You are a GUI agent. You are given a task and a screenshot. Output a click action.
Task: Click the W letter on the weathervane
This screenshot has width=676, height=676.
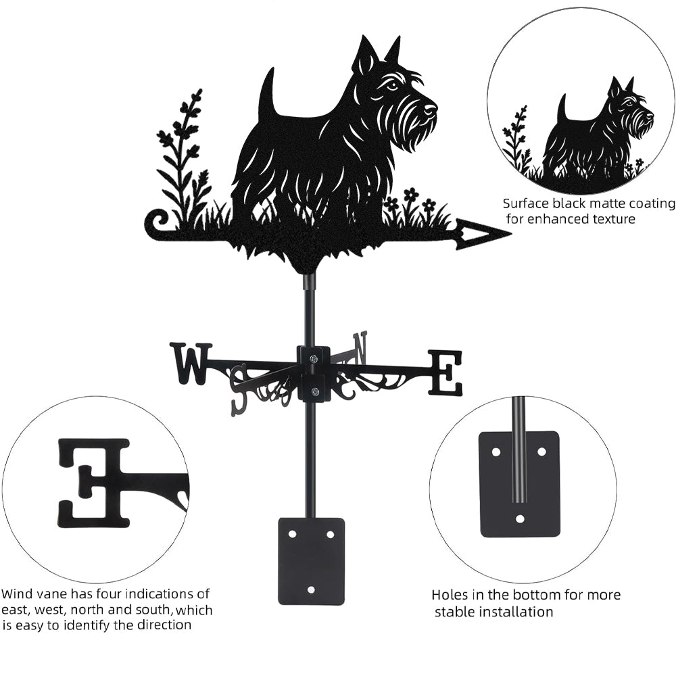point(191,363)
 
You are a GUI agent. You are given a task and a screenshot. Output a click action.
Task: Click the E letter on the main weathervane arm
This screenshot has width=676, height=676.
point(445,373)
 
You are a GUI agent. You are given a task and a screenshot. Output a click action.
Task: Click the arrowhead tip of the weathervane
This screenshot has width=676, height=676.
point(511,235)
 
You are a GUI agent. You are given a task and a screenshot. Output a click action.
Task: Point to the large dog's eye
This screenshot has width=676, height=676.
point(392,87)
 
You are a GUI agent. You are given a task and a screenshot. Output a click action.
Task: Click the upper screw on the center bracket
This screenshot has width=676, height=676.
point(314,358)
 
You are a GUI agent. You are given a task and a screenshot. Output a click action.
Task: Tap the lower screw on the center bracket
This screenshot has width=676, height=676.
point(314,391)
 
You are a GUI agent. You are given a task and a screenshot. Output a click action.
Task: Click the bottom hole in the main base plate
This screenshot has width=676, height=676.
point(311,589)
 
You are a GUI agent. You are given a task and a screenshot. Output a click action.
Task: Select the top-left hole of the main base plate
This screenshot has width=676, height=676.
point(292,534)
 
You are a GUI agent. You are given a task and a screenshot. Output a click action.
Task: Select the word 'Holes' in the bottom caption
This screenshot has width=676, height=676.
point(450,595)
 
